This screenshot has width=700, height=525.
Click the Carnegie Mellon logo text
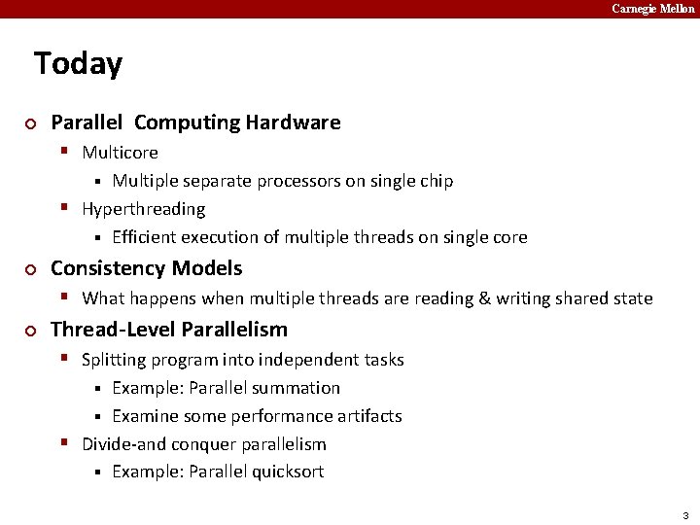point(652,9)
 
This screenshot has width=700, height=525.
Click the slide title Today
point(78,64)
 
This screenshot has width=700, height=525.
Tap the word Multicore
point(120,153)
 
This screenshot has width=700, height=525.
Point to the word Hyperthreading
point(143,209)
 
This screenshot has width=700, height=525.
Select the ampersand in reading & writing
point(484,298)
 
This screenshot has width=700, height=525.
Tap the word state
point(631,298)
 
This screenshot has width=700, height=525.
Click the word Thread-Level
point(113,330)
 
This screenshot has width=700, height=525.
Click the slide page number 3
point(685,515)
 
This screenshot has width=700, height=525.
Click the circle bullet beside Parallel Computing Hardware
point(30,123)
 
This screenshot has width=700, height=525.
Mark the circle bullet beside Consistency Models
point(30,269)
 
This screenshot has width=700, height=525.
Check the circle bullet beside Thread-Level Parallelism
point(30,331)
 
